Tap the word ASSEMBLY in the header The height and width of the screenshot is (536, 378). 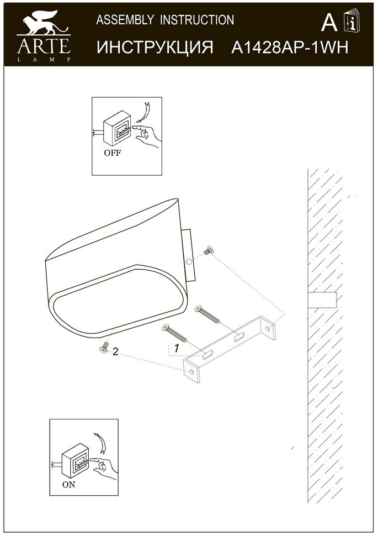(125, 20)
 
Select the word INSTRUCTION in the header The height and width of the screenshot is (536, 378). (197, 20)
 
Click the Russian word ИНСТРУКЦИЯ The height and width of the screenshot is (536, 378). (155, 47)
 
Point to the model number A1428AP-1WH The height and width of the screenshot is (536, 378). (290, 47)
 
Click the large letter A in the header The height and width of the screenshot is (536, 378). (329, 23)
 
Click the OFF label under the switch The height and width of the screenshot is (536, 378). (113, 153)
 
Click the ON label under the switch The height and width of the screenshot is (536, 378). (68, 485)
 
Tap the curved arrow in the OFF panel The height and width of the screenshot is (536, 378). (144, 112)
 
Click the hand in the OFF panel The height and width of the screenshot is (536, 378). (146, 136)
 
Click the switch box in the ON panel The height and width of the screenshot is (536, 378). (76, 461)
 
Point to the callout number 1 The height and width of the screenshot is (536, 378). (177, 348)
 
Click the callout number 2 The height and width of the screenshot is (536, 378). (115, 351)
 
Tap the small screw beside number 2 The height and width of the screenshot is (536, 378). (104, 348)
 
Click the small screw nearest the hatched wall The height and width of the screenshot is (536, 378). (208, 251)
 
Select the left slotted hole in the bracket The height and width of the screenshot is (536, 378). (207, 355)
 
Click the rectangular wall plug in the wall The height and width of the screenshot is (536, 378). (322, 300)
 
